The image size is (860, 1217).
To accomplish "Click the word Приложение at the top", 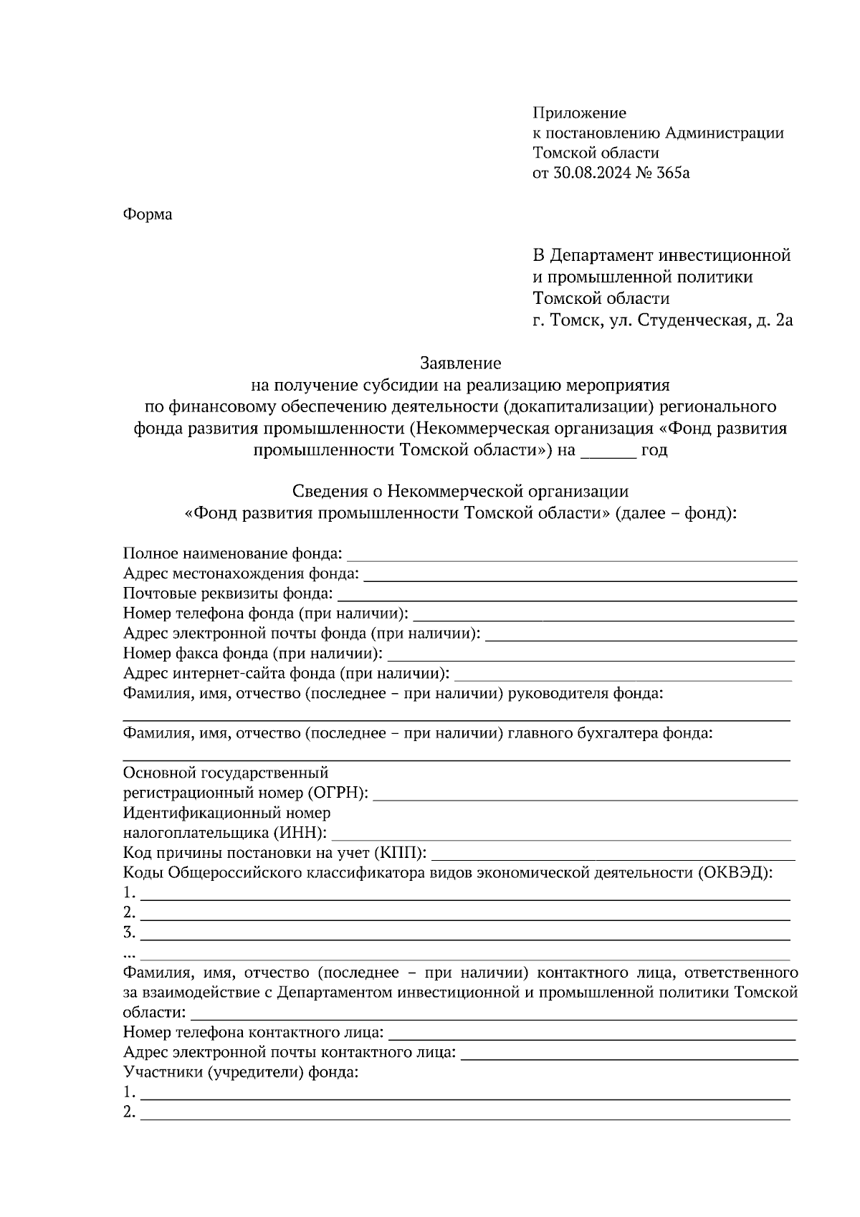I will tap(579, 113).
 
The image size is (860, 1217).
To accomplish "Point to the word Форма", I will tap(148, 214).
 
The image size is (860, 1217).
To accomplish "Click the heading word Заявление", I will tap(460, 363).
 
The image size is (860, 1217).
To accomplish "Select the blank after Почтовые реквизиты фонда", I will tap(566, 596).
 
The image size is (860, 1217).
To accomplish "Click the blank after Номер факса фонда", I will tap(591, 656).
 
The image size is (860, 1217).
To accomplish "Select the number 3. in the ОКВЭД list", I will tap(129, 932).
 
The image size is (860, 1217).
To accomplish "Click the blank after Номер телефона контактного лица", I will tap(591, 1034).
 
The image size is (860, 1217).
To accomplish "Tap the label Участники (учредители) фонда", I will tap(240, 1073).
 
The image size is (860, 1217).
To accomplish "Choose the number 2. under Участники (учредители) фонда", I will tap(129, 1112).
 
